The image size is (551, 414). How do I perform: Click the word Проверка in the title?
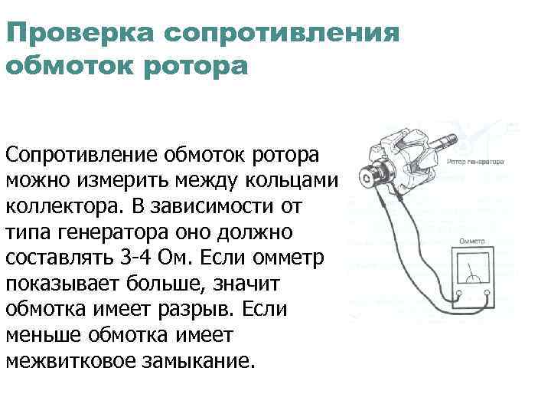pyautogui.click(x=80, y=33)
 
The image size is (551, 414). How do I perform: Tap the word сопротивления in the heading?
pyautogui.click(x=282, y=33)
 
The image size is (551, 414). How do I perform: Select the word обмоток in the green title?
pyautogui.click(x=70, y=66)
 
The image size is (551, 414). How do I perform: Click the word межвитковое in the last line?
pyautogui.click(x=70, y=360)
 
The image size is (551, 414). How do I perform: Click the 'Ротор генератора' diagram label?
pyautogui.click(x=475, y=162)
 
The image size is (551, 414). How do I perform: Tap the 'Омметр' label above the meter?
pyautogui.click(x=472, y=242)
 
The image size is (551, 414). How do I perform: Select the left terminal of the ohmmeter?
pyautogui.click(x=458, y=293)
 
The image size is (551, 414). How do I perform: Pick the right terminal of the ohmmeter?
pyautogui.click(x=487, y=293)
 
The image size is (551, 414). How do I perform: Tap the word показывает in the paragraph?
pyautogui.click(x=63, y=284)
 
